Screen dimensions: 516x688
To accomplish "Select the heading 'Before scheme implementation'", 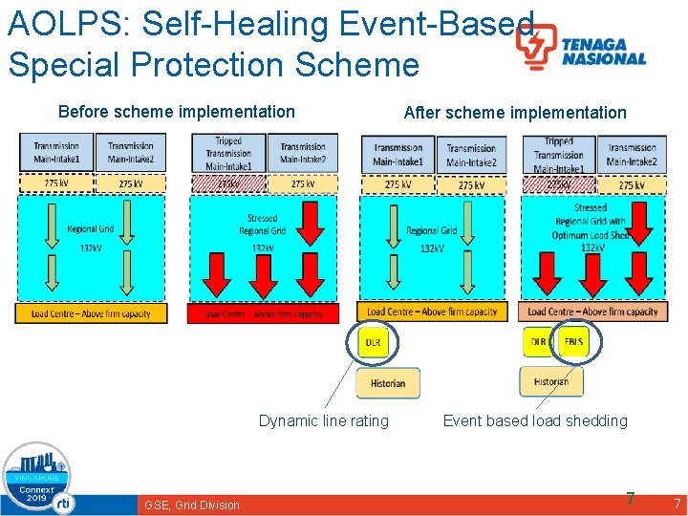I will tap(177, 112).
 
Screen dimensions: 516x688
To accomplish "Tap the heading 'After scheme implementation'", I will tap(515, 113).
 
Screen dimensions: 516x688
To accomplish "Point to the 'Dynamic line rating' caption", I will tap(324, 420).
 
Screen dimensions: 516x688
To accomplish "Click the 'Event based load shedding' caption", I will tap(535, 420).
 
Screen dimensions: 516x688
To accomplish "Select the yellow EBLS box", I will tap(573, 341).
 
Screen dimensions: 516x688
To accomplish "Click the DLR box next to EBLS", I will tap(539, 341).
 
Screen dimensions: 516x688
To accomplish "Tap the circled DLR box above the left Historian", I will tap(373, 341).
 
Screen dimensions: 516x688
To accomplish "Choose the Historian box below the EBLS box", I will tap(550, 381).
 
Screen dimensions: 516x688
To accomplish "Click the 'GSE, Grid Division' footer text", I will tap(192, 505).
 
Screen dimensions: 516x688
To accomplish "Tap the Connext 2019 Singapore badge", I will tap(37, 479).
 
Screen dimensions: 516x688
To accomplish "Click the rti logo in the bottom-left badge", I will tap(63, 501).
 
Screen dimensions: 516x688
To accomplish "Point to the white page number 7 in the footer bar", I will tap(677, 504).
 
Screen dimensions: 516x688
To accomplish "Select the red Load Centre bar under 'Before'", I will tap(263, 313).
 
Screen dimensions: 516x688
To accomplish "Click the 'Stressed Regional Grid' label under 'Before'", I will tap(262, 225).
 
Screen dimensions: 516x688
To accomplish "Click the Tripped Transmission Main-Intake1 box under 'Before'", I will tap(228, 153).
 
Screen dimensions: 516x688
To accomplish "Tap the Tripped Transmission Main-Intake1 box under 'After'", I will tap(559, 153).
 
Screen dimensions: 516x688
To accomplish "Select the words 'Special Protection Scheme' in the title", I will tap(213, 65).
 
